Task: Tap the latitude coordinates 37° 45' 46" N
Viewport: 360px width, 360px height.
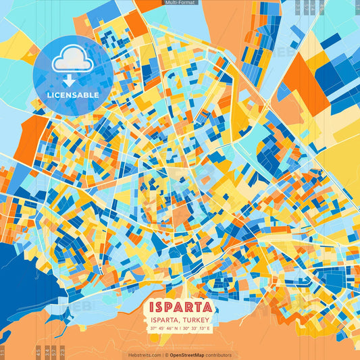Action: pos(164,329)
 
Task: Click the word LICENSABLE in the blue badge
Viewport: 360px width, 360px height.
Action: pos(73,95)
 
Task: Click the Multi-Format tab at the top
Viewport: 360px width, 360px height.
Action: pos(180,3)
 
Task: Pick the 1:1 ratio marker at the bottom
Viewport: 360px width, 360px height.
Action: pos(3,352)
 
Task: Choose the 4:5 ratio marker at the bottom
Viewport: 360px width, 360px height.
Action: pos(38,352)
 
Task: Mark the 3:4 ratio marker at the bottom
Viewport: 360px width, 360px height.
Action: pos(47,352)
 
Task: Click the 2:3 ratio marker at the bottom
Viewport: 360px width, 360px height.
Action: pos(63,352)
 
